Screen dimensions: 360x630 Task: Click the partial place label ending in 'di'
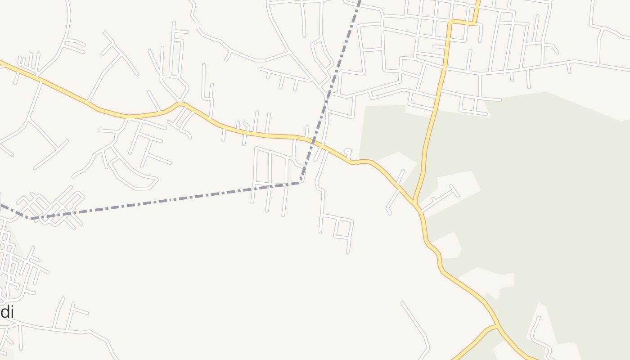click(7, 311)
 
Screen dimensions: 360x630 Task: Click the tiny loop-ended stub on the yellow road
click(347, 152)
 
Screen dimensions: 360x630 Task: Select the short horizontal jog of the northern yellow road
click(462, 22)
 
